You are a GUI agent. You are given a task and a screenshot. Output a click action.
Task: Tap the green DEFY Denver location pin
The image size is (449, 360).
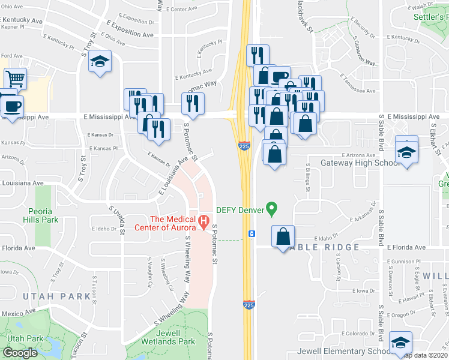tap(271, 209)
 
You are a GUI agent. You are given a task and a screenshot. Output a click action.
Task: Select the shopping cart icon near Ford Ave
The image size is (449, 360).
tap(15, 79)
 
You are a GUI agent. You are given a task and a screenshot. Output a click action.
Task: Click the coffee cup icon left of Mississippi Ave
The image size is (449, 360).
tap(12, 106)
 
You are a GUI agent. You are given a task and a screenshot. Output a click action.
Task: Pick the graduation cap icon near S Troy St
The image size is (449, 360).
tap(100, 61)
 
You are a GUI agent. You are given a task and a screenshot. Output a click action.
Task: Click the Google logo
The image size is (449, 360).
tap(19, 353)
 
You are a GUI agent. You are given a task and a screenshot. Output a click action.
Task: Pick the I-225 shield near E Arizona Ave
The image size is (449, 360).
tap(244, 146)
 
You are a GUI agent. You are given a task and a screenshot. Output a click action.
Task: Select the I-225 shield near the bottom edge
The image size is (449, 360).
tap(249, 305)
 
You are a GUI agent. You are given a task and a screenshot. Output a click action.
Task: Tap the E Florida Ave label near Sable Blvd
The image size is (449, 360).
tap(406, 247)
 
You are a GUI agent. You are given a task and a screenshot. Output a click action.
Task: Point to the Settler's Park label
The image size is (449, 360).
tap(430, 17)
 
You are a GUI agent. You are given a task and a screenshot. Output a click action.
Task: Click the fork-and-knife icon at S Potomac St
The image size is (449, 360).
tap(193, 103)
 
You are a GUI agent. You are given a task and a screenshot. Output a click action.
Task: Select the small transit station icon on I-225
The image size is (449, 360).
tap(252, 233)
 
